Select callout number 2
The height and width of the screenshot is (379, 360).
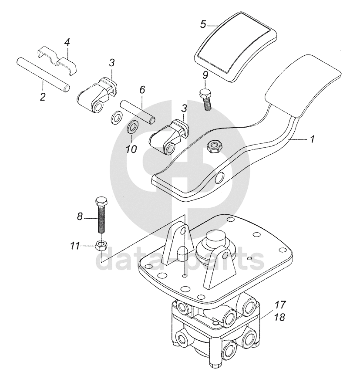43,96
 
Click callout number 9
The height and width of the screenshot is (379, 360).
205,75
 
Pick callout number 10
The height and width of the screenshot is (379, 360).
131,149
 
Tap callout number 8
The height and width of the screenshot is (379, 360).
80,216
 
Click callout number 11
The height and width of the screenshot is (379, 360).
74,246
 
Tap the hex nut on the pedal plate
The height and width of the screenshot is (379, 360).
214,146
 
